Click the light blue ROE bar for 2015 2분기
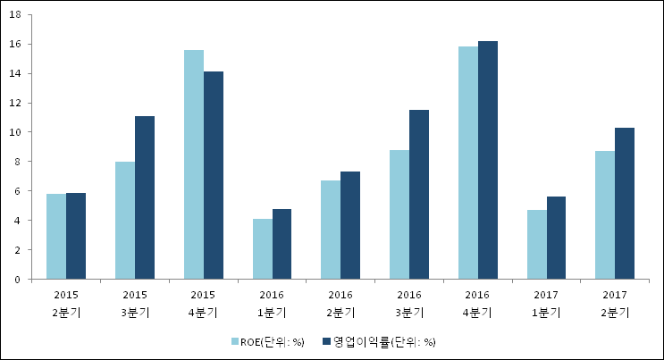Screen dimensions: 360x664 tap(56, 237)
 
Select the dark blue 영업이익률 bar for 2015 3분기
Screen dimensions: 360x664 tap(145, 197)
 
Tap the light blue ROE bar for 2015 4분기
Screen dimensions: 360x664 tap(194, 164)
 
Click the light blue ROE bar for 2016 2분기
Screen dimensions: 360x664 tap(331, 230)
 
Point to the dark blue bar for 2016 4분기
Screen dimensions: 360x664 tap(488, 160)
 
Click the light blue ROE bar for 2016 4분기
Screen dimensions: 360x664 tap(468, 163)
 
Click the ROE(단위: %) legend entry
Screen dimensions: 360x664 tap(267, 341)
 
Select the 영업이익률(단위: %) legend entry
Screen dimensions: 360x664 tap(382, 341)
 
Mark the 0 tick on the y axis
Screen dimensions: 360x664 tap(21, 280)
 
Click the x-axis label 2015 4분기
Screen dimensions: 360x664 tap(203, 303)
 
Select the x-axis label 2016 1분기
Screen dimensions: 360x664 tap(272, 303)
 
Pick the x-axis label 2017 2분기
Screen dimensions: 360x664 tap(615, 303)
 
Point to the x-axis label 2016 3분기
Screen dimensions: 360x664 tap(409, 303)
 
